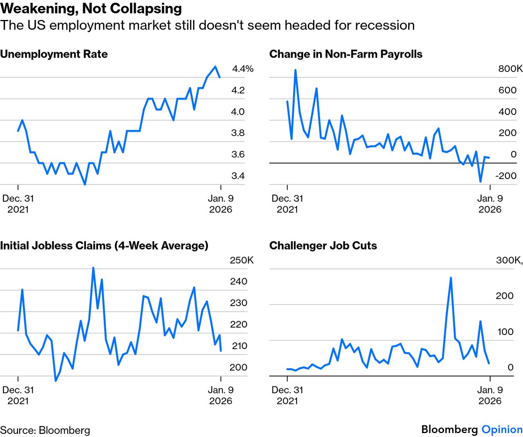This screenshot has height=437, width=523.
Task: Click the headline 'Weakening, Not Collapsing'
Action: tap(91, 9)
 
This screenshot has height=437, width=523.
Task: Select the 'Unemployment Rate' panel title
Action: tap(54, 54)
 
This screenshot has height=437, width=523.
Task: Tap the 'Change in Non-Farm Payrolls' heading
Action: tap(346, 54)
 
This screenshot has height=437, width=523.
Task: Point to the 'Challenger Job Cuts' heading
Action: tap(323, 246)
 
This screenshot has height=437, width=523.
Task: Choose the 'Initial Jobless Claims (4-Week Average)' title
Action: tap(104, 246)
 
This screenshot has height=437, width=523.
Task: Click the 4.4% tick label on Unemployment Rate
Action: tap(242, 69)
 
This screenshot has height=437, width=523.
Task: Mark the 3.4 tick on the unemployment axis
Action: tap(238, 176)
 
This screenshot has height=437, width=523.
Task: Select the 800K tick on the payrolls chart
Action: tap(510, 69)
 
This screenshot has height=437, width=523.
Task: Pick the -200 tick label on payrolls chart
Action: tap(506, 176)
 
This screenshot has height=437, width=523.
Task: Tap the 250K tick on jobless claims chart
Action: tap(241, 260)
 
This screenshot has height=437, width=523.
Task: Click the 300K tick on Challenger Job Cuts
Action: tap(509, 260)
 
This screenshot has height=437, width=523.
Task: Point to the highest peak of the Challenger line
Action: tap(451, 278)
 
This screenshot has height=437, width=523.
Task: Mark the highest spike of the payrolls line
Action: tap(295, 70)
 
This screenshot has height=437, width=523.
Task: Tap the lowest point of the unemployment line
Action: tap(85, 184)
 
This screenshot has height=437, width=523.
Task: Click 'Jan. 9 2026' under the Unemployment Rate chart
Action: tap(221, 204)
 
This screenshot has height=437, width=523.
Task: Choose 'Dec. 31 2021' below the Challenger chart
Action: tap(287, 395)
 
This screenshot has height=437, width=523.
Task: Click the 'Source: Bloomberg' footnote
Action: tap(45, 430)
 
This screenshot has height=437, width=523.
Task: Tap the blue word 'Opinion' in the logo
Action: tap(502, 430)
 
